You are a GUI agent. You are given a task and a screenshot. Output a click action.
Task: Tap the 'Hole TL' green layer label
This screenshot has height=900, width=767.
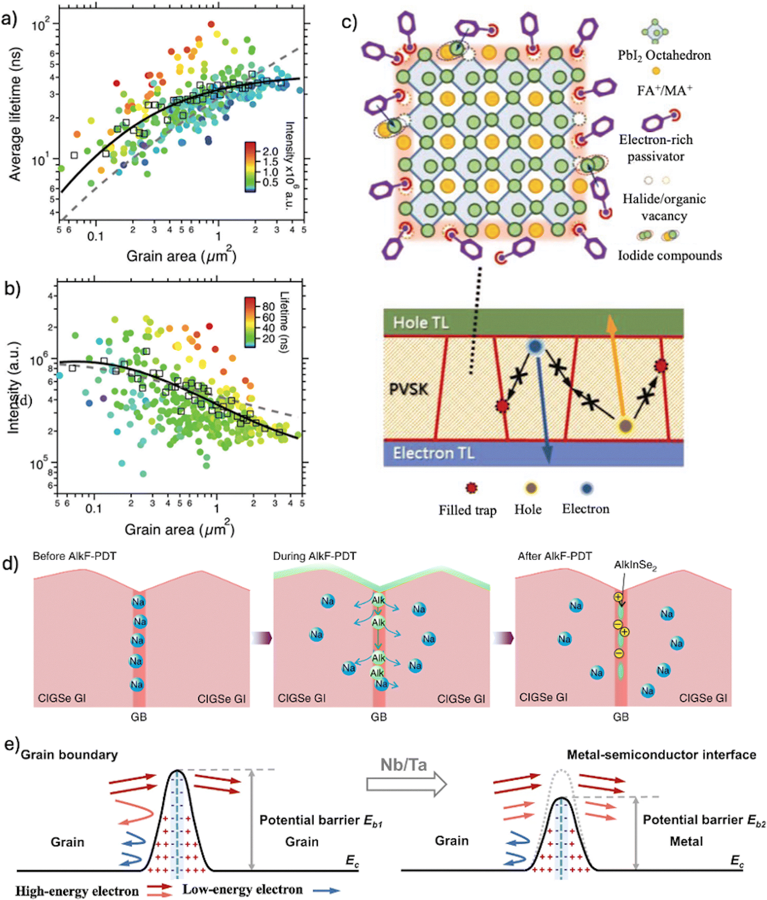(420, 323)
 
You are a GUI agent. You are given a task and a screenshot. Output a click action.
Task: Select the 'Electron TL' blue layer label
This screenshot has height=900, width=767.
(433, 453)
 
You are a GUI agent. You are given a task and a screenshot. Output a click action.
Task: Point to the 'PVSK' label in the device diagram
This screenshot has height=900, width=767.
(408, 389)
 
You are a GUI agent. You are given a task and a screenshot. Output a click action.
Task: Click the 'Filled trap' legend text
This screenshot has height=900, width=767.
(467, 510)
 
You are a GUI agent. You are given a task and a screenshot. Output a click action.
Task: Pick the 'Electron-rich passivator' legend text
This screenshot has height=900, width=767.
(656, 148)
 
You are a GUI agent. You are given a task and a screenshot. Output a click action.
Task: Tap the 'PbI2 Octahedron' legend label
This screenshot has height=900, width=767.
(665, 56)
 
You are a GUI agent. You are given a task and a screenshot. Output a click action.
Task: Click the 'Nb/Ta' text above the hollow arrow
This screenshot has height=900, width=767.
(404, 765)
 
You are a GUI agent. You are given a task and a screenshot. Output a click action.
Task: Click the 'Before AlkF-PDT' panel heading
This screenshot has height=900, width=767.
(74, 557)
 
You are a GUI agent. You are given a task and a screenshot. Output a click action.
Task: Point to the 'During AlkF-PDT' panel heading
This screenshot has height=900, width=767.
(314, 557)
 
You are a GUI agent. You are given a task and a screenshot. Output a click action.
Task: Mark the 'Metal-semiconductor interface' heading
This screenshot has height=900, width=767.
(661, 755)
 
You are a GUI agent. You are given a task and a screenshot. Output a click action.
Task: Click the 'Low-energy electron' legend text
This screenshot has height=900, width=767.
(242, 889)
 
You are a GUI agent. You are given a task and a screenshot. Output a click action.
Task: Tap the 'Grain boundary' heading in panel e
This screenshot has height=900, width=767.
(69, 755)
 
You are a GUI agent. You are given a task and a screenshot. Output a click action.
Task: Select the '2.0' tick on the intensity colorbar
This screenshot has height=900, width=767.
(270, 152)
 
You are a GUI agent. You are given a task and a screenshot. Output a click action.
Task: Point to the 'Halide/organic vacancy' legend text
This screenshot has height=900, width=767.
(664, 207)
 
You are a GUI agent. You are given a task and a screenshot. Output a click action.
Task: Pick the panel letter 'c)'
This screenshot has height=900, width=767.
(349, 22)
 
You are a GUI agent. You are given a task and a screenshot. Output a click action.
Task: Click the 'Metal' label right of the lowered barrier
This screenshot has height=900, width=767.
(686, 842)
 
